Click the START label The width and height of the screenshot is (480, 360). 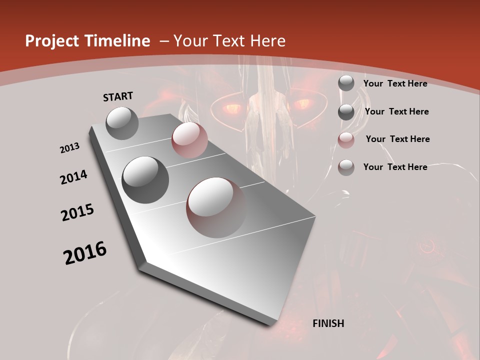(x=118, y=96)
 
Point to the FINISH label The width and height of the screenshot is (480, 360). (x=328, y=323)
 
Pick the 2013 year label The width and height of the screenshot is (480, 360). (x=70, y=148)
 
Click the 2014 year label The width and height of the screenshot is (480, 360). (x=74, y=177)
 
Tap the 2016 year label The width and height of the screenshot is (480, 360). (x=85, y=253)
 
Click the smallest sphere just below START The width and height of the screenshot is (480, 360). (x=122, y=123)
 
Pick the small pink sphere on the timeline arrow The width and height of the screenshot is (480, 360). (x=189, y=140)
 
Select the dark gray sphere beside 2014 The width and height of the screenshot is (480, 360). (x=145, y=179)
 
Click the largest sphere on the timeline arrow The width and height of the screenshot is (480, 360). (x=216, y=207)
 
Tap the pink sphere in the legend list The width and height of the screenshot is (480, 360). (x=346, y=140)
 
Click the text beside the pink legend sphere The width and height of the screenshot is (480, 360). (x=397, y=139)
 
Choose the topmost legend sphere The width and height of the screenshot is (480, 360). (x=346, y=83)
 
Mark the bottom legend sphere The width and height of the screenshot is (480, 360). (x=346, y=167)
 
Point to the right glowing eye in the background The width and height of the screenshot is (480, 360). (x=301, y=104)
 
